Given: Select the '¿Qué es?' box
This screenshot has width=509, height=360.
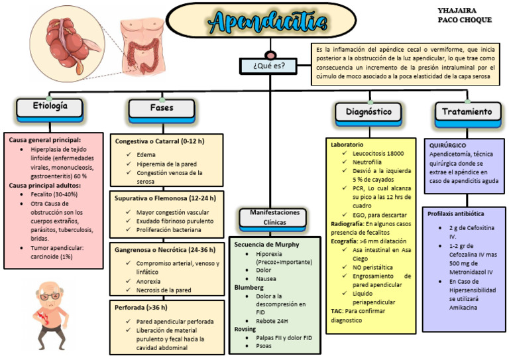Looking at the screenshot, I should click(269, 66).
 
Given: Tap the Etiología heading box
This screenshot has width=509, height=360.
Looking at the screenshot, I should click(50, 107).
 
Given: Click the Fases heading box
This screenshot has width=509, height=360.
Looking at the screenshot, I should click(162, 108).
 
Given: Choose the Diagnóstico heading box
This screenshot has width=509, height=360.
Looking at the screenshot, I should click(368, 112).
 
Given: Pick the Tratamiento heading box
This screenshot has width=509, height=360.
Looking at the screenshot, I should click(467, 112).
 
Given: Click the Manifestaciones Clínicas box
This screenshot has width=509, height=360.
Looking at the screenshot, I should click(270, 217).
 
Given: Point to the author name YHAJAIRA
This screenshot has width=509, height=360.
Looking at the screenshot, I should click(457, 11).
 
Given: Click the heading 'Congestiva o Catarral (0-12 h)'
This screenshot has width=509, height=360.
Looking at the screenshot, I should click(159, 141).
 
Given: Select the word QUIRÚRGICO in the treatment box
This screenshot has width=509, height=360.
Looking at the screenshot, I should click(447, 144).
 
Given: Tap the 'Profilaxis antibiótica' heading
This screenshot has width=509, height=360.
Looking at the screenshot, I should click(456, 214).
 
